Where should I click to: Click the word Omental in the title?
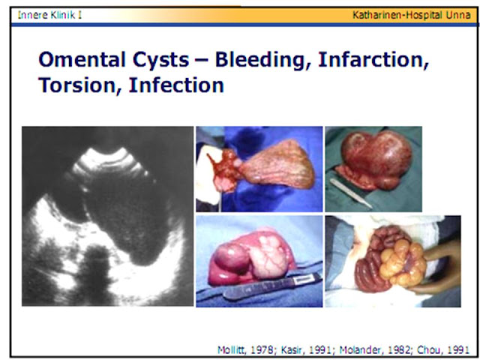click(x=82, y=59)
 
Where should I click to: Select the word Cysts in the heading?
click(x=160, y=60)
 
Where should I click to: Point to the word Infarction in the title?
click(x=373, y=60)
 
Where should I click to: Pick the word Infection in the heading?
click(x=176, y=85)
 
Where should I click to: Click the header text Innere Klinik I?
click(x=49, y=15)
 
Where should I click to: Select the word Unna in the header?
click(x=458, y=15)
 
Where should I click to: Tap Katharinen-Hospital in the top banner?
click(x=397, y=15)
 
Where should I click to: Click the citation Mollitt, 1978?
click(x=245, y=349)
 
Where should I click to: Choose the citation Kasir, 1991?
click(x=306, y=349)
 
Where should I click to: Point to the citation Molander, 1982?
click(x=375, y=349)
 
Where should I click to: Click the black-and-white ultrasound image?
click(x=108, y=216)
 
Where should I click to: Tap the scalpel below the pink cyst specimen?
click(x=272, y=286)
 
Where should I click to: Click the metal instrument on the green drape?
click(x=351, y=193)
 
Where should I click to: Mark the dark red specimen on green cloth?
click(x=375, y=159)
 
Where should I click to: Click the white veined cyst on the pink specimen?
click(x=269, y=255)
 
